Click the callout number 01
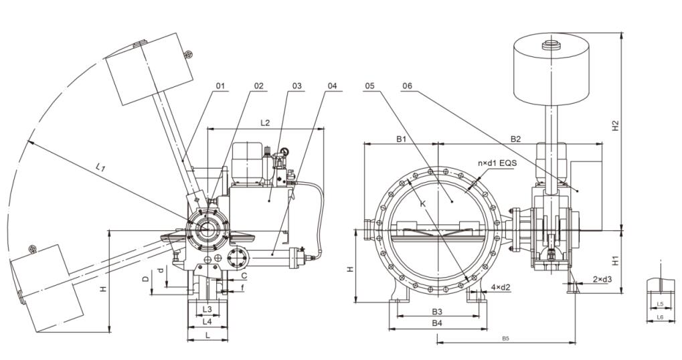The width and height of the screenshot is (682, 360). (221, 86)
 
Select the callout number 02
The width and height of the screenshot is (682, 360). (259, 86)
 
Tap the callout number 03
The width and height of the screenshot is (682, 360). (297, 86)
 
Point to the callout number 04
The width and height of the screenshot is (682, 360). (334, 86)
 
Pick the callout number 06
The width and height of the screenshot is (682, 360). (409, 86)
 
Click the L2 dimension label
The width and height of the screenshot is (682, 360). (265, 122)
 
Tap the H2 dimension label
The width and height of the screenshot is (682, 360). (616, 125)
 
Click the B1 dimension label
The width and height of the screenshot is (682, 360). (402, 139)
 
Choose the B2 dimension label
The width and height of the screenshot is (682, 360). (516, 139)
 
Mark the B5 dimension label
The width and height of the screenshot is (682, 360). (505, 339)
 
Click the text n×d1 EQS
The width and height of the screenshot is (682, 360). (495, 163)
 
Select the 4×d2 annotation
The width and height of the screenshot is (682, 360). (500, 288)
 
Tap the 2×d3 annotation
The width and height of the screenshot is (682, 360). (602, 278)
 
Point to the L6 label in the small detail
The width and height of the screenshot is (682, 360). (659, 317)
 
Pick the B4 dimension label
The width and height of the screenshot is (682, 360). (436, 323)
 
